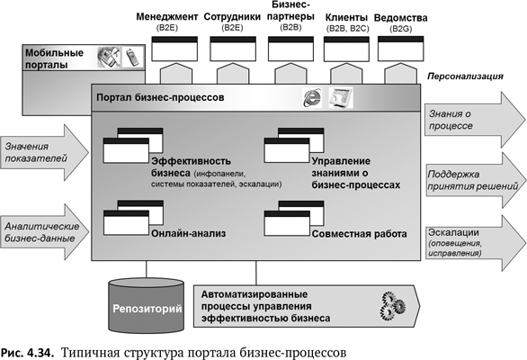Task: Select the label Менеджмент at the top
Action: [x=168, y=17]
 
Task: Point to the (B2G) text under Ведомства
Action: [x=402, y=30]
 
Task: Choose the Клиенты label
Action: [x=346, y=17]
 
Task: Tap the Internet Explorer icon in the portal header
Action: [x=313, y=97]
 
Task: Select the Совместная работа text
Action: [x=360, y=234]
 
